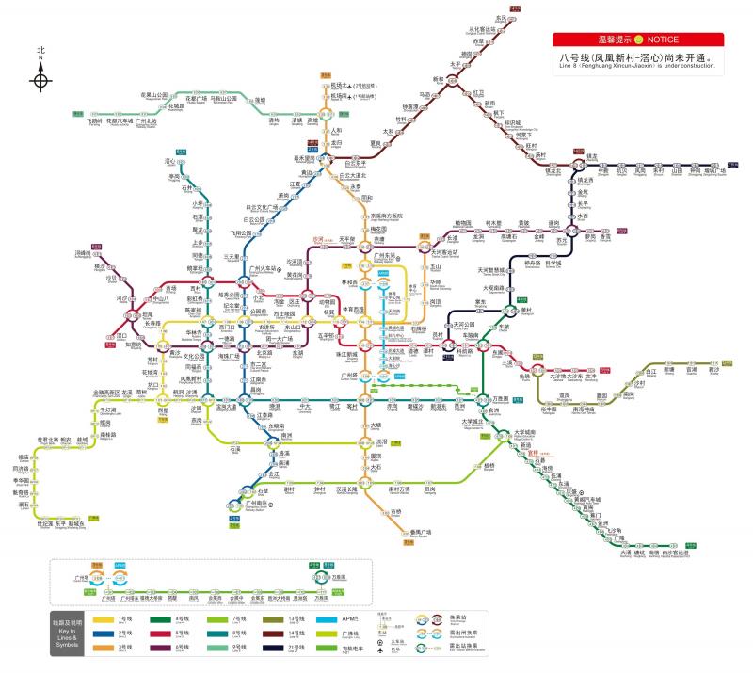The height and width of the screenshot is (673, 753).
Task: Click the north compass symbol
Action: click(x=40, y=80)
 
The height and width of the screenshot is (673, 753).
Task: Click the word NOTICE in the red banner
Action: click(x=662, y=40)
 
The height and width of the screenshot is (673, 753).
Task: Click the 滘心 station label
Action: click(x=171, y=162)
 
